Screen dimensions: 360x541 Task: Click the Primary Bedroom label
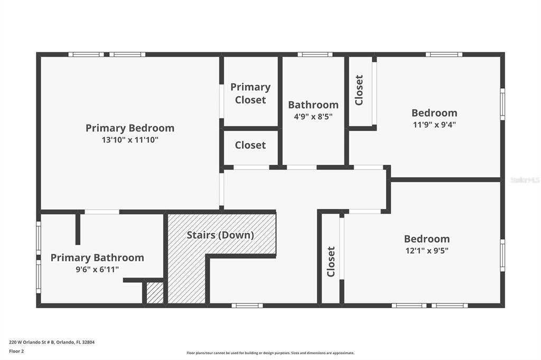130,128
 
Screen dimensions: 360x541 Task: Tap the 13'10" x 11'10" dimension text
130,140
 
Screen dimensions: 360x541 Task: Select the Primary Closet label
250,93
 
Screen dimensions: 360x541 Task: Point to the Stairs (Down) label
220,235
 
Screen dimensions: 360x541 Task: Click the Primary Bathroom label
97,258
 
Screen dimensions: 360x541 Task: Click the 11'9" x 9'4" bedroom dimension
434,125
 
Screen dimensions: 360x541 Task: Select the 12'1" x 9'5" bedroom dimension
427,251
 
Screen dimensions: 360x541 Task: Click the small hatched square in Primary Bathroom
155,293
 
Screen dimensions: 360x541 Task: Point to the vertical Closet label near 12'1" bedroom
331,261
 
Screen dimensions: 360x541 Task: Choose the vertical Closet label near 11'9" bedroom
359,90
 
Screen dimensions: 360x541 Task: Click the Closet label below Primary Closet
250,145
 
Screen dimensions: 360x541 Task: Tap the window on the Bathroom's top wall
315,54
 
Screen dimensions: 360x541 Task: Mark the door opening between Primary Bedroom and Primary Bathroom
102,212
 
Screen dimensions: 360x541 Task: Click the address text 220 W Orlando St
52,342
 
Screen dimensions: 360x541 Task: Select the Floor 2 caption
17,350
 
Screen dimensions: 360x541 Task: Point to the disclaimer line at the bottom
270,353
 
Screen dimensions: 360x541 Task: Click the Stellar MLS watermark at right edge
525,180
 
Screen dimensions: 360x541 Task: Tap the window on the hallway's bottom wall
247,305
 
